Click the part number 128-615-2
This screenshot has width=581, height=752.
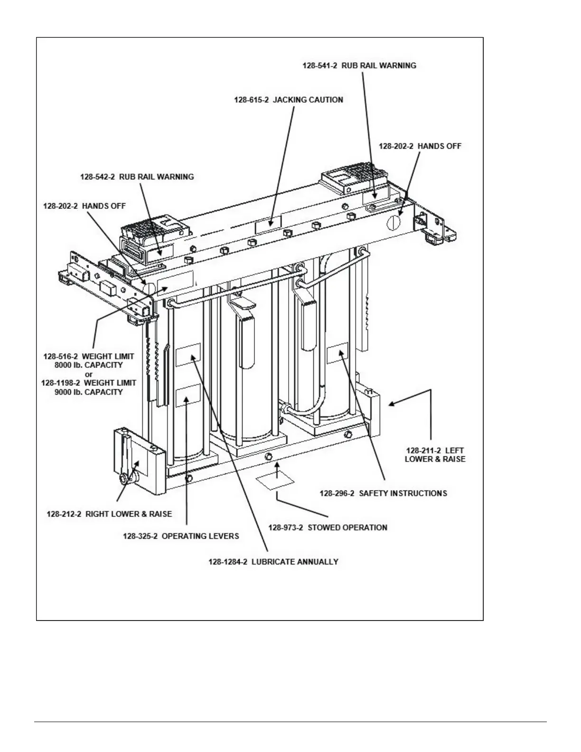coord(251,100)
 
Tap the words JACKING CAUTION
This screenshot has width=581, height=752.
coord(308,100)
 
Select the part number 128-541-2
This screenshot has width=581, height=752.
coord(319,66)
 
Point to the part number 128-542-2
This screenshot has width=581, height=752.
coord(97,177)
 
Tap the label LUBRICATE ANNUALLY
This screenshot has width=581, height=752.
coord(295,562)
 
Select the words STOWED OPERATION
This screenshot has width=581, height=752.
coord(347,527)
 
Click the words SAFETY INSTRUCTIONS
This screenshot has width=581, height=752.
coord(403,493)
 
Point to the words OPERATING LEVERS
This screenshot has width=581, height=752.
coord(200,536)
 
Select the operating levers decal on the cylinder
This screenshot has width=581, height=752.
coord(188,396)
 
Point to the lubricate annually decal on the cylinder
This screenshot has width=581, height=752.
coord(188,355)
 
